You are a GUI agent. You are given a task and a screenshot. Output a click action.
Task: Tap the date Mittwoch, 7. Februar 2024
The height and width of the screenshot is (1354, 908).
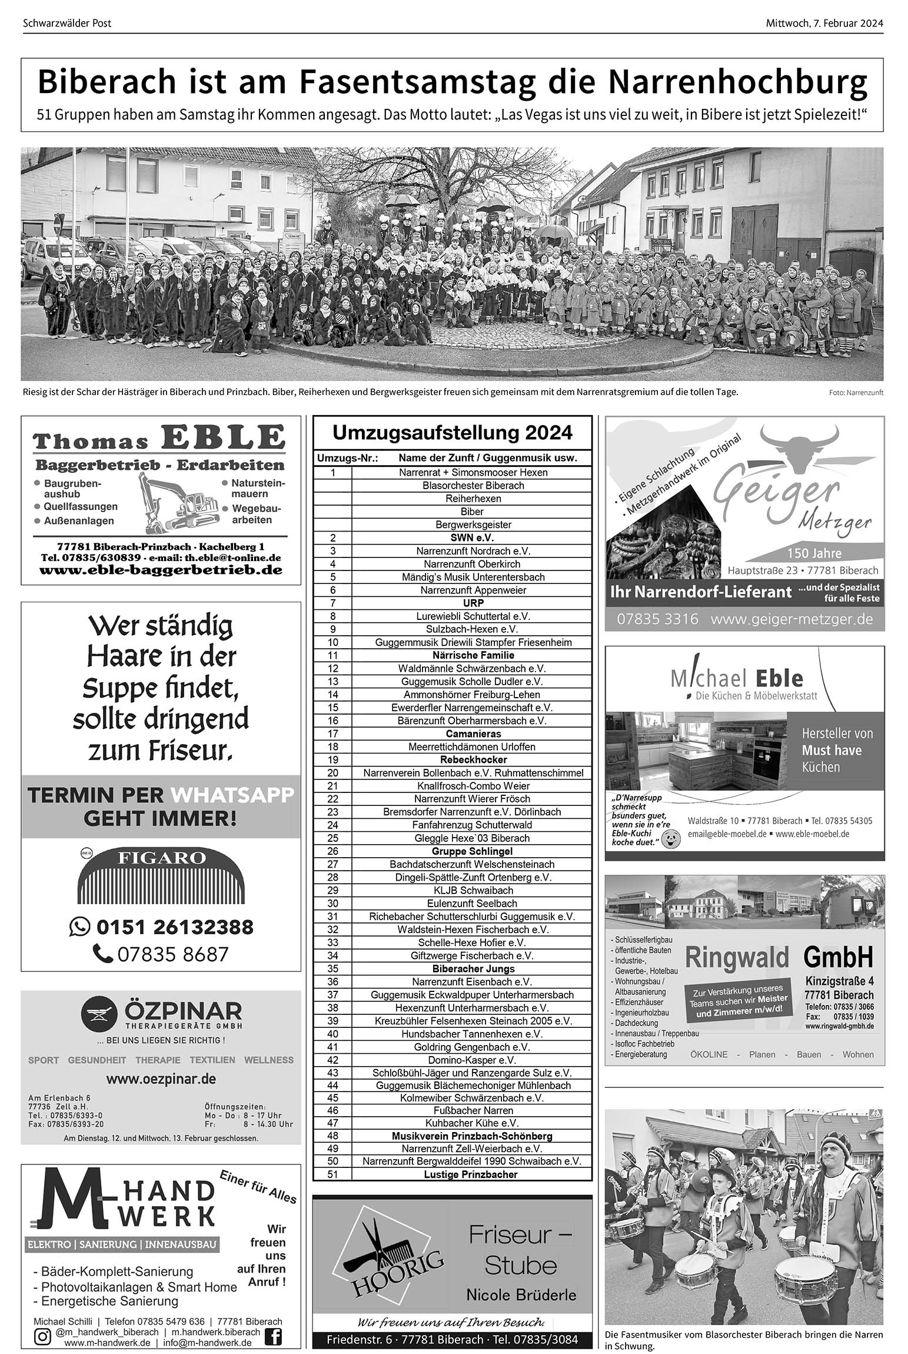coord(824,24)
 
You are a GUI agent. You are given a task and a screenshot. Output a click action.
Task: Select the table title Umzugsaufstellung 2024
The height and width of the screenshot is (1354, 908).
coord(452,433)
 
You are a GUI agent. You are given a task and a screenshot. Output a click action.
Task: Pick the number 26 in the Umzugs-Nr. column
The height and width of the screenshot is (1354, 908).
coord(332,851)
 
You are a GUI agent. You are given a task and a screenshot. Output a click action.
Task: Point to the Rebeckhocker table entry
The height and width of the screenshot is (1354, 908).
coord(473,759)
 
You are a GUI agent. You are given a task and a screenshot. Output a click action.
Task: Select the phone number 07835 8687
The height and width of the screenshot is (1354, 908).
coord(172,954)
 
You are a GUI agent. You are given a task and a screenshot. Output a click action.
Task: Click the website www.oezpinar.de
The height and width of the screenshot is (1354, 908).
coord(161,1079)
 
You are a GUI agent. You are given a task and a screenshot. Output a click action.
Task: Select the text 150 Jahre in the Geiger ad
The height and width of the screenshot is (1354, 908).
coord(814,553)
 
